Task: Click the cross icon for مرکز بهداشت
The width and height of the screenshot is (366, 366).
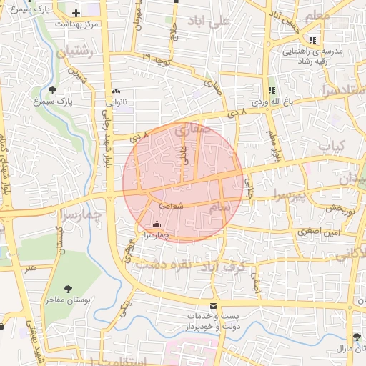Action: [x=76, y=13]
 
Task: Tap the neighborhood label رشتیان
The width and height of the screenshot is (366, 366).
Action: [x=69, y=51]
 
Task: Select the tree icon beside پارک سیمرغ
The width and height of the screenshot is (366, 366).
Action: [x=54, y=90]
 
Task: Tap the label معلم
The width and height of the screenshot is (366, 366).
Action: [x=318, y=16]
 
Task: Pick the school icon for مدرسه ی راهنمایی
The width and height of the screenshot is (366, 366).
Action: [x=312, y=40]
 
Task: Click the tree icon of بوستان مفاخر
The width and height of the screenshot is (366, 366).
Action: [x=68, y=289]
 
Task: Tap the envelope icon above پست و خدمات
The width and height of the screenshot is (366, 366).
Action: [x=213, y=305]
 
